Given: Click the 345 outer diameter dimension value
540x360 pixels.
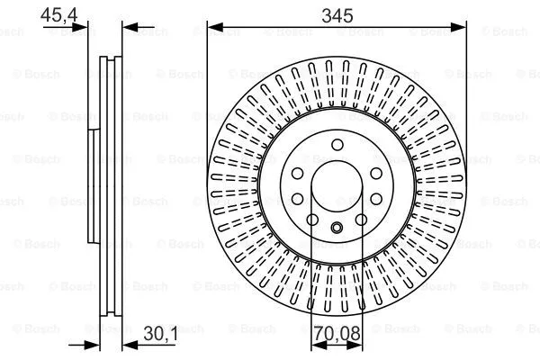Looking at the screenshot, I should (x=336, y=13).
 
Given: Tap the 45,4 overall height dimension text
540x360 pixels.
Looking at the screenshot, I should (x=55, y=13).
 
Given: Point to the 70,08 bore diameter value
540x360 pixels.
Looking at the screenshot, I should (x=336, y=336).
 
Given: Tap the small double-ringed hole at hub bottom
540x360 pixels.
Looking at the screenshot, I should (x=336, y=227).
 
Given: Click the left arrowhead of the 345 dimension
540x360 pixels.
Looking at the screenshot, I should (x=212, y=28).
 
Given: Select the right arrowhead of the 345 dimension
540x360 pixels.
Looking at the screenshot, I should (x=460, y=28).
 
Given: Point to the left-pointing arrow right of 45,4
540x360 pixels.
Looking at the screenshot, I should (x=127, y=28).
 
